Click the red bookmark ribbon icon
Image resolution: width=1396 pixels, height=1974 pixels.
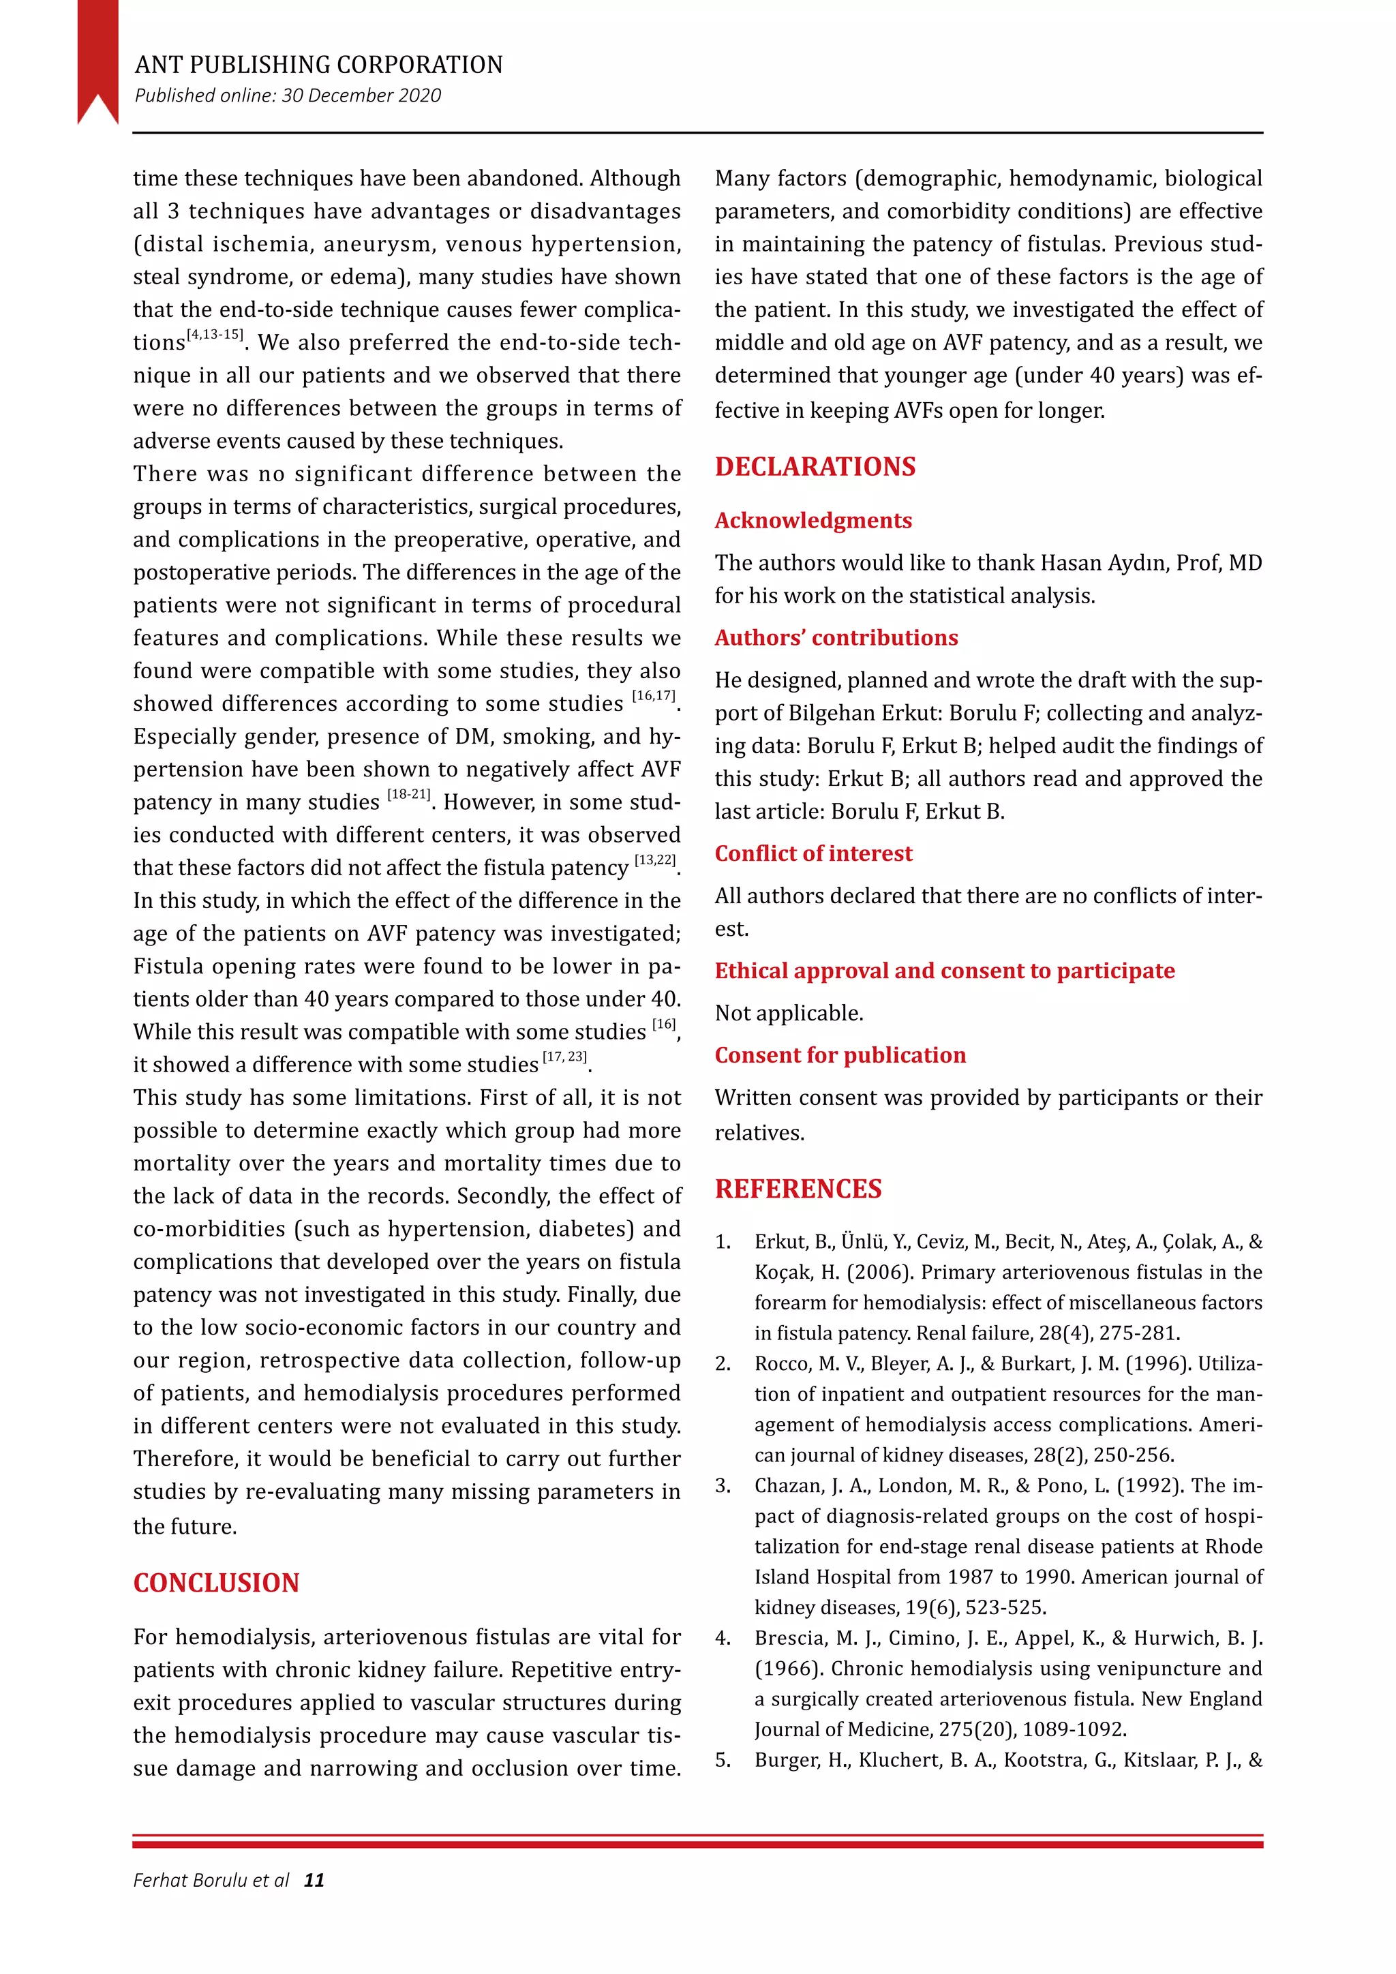point(97,56)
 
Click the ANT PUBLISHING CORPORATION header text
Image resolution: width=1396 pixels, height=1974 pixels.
point(318,65)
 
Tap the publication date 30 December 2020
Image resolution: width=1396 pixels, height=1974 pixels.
point(361,95)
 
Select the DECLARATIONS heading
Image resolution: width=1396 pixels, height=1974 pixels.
point(815,467)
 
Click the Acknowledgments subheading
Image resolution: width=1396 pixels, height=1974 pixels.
point(813,520)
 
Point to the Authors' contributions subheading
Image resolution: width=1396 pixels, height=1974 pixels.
point(836,637)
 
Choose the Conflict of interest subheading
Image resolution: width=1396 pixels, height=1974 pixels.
point(813,853)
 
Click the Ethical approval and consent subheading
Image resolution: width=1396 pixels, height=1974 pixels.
point(944,970)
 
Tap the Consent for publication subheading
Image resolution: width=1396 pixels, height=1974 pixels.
point(840,1055)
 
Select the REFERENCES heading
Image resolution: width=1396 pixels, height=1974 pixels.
point(798,1188)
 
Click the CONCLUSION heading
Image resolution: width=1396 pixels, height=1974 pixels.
point(216,1583)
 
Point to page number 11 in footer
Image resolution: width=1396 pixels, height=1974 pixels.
point(315,1881)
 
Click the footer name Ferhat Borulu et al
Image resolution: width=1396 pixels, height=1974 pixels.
point(211,1881)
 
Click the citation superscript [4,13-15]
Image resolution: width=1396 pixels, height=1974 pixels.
point(215,335)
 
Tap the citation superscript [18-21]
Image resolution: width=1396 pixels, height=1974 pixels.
point(408,794)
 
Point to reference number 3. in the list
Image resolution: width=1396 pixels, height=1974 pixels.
point(723,1486)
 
